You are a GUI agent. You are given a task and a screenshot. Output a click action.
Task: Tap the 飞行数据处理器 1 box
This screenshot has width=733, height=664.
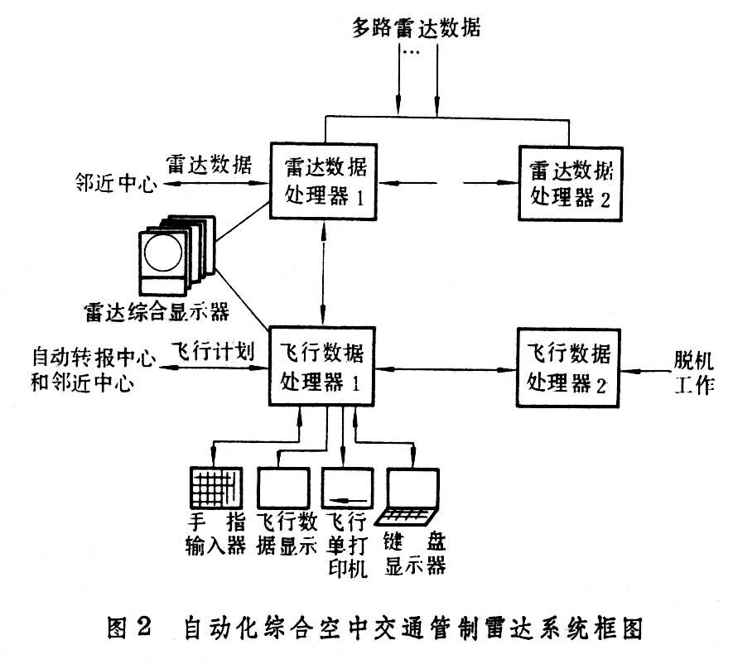[x=321, y=365]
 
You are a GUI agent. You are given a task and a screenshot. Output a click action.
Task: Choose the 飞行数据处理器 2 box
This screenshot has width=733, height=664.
[x=569, y=366]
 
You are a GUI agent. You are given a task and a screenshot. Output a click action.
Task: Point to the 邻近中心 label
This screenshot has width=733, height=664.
[x=112, y=185]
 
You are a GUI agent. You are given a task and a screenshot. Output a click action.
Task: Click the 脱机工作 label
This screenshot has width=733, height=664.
[x=692, y=375]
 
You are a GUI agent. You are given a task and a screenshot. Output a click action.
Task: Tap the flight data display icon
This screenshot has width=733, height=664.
[x=282, y=488]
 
